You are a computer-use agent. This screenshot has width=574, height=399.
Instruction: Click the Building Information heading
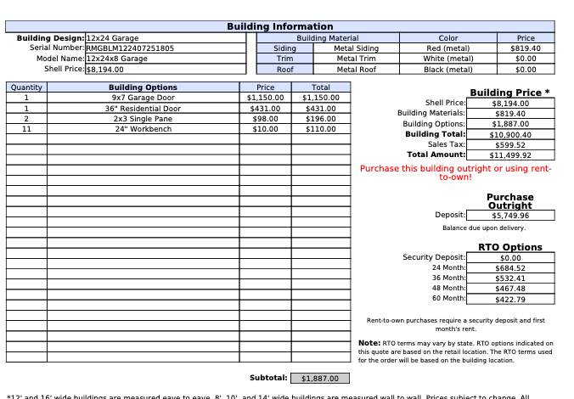(x=279, y=26)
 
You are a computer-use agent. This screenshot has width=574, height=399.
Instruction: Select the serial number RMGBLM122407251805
(x=130, y=48)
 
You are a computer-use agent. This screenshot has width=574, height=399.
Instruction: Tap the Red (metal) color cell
(x=447, y=48)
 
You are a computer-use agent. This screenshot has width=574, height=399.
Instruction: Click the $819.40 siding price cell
(x=526, y=48)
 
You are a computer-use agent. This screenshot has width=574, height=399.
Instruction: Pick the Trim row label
(x=284, y=59)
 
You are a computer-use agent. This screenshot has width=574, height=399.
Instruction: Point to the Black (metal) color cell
(x=447, y=70)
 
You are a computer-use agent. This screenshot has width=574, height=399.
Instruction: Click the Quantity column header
(x=26, y=87)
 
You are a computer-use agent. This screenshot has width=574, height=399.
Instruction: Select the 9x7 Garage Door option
(x=143, y=98)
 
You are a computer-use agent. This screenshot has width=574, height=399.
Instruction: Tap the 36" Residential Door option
(x=143, y=109)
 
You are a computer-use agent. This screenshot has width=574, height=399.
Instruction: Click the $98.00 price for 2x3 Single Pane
(x=265, y=119)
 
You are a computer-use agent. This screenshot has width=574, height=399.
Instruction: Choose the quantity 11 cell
(x=26, y=129)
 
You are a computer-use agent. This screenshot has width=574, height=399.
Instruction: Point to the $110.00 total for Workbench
(x=320, y=129)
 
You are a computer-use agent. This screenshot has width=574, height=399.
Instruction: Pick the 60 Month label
(x=448, y=299)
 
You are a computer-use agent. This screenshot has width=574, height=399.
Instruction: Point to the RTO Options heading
(x=509, y=247)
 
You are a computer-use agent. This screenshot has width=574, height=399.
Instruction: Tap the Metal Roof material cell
(x=357, y=70)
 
